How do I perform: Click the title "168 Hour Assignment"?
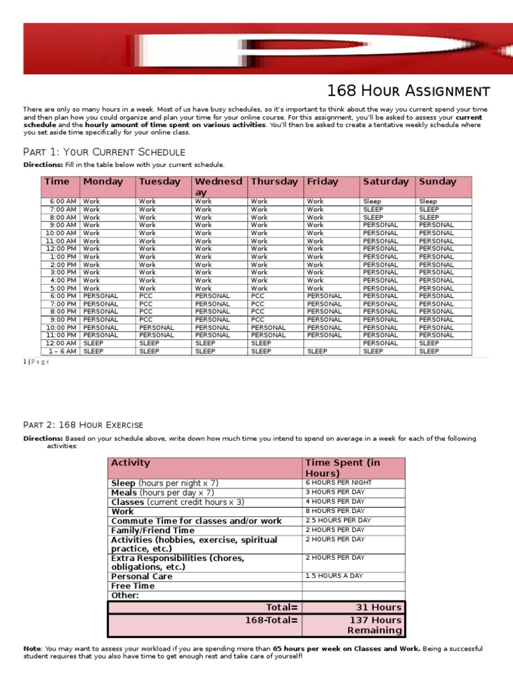pyautogui.click(x=408, y=91)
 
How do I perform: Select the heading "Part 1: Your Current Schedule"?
pyautogui.click(x=104, y=152)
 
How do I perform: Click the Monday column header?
pyautogui.click(x=103, y=182)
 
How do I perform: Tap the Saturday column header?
pyautogui.click(x=385, y=182)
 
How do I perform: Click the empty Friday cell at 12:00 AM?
pyautogui.click(x=331, y=343)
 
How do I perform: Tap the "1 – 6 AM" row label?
pyautogui.click(x=62, y=351)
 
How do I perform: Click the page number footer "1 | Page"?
pyautogui.click(x=36, y=361)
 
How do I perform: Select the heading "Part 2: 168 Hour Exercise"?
pyautogui.click(x=83, y=425)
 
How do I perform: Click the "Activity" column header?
pyautogui.click(x=131, y=463)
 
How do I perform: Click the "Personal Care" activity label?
pyautogui.click(x=142, y=576)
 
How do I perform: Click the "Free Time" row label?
pyautogui.click(x=133, y=586)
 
